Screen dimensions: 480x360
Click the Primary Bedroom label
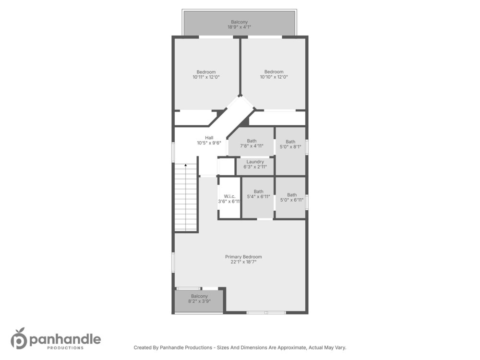click(243, 257)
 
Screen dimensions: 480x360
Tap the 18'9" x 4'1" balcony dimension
click(239, 27)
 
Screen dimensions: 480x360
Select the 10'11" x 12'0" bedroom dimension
click(206, 77)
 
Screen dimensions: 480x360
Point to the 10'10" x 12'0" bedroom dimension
click(274, 77)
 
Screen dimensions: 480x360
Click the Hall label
click(209, 138)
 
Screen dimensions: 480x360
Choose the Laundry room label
click(255, 162)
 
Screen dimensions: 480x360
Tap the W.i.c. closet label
click(229, 196)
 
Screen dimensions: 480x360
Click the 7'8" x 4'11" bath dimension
click(252, 146)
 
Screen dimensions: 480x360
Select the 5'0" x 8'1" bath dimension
click(290, 146)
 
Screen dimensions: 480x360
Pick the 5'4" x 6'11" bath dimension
click(258, 196)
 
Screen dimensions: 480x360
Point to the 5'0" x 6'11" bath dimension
click(292, 200)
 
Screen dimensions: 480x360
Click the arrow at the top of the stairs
click(185, 165)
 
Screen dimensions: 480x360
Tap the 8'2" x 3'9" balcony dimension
click(199, 301)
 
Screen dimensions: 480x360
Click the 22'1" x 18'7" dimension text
click(243, 262)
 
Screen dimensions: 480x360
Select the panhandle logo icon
click(19, 338)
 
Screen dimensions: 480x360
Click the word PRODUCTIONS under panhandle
click(65, 348)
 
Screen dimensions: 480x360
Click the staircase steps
click(185, 197)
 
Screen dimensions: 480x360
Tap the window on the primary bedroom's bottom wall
click(266, 312)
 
